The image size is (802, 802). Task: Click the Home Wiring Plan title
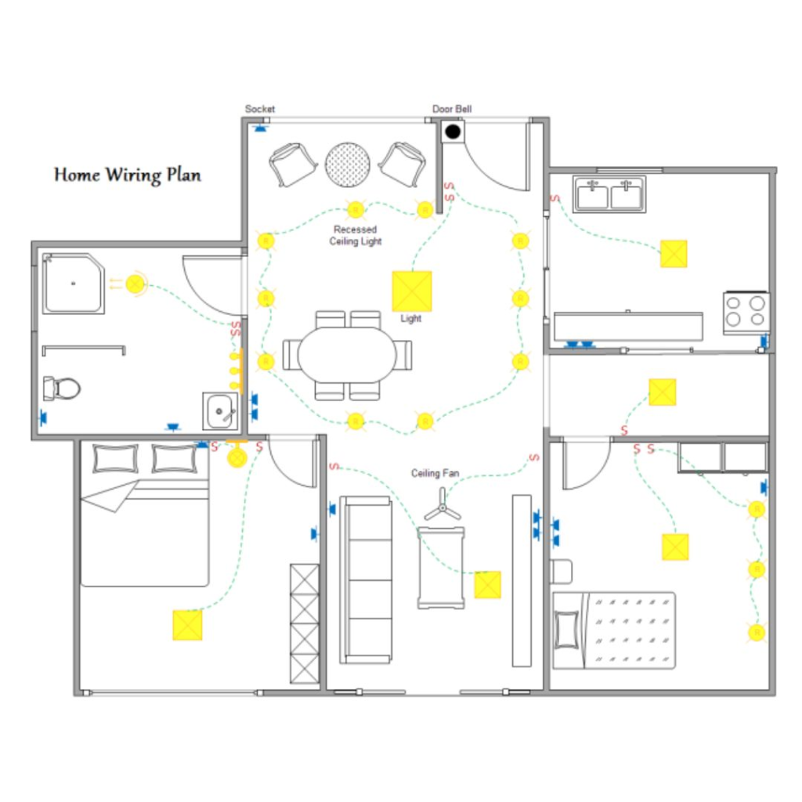[x=128, y=175]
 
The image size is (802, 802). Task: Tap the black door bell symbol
[x=453, y=132]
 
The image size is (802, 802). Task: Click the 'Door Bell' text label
[x=452, y=109]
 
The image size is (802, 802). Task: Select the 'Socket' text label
[x=260, y=109]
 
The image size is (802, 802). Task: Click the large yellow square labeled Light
[x=412, y=291]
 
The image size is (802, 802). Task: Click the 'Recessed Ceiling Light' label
[x=355, y=235]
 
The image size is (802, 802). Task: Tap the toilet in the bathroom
[x=61, y=388]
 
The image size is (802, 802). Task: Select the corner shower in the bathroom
[x=74, y=283]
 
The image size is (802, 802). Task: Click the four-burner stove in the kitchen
[x=746, y=313]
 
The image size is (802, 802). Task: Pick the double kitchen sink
[x=609, y=194]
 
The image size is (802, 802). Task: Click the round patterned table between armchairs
[x=348, y=164]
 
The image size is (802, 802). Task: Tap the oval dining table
[x=347, y=354]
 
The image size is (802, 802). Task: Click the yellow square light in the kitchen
[x=674, y=254]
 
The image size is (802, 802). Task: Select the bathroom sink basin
[x=220, y=411]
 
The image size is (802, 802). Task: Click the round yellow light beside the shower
[x=135, y=284]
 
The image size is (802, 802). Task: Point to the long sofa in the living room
[x=366, y=580]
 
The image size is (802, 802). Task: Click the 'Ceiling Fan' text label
[x=435, y=473]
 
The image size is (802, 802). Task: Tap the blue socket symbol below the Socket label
[x=261, y=128]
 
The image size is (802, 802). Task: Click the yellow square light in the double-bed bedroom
[x=188, y=625]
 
